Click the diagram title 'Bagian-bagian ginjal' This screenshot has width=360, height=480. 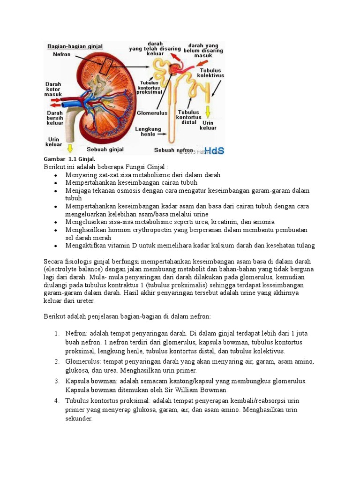[74, 46]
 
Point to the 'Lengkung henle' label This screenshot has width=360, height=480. [148, 132]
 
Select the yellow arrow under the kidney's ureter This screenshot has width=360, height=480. [70, 148]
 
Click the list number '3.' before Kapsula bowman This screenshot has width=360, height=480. [56, 381]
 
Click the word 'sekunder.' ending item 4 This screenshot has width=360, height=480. [79, 419]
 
